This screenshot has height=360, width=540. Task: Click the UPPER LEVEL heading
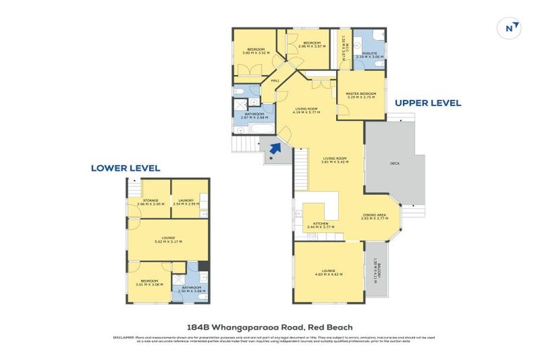pyautogui.click(x=427, y=103)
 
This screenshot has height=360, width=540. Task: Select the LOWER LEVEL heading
pyautogui.click(x=125, y=168)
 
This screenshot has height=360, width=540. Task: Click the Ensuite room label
pyautogui.click(x=368, y=53)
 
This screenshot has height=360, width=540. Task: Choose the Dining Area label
pyautogui.click(x=375, y=215)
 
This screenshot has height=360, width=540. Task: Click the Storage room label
pyautogui.click(x=150, y=200)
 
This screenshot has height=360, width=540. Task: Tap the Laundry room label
pyautogui.click(x=186, y=200)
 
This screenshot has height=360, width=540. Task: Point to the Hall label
pyautogui.click(x=276, y=81)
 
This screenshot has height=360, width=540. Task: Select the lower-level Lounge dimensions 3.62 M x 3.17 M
pyautogui.click(x=168, y=242)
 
